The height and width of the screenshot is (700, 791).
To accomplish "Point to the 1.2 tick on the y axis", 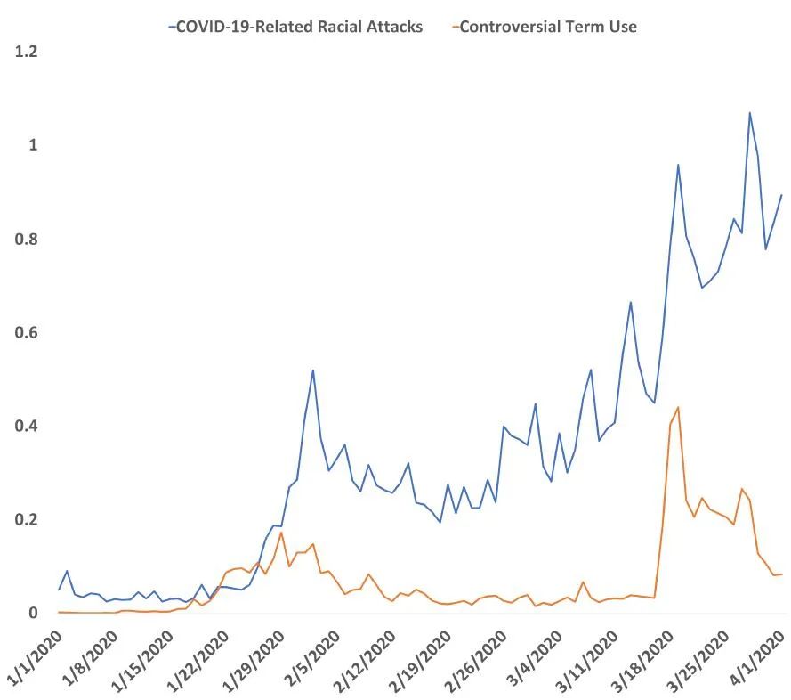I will coord(27,52).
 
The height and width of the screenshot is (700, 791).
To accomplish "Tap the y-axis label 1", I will coord(34,145).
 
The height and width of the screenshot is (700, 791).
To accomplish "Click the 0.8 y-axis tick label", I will coord(27,239).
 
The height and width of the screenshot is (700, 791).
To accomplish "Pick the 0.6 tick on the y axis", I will coord(27,332).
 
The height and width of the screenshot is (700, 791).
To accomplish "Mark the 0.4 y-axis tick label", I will coord(27,426).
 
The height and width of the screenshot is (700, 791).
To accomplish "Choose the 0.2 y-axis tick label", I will coord(27,519).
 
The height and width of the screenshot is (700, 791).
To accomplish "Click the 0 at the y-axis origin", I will coord(34,613).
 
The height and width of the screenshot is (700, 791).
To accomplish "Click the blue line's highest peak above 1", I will coord(749,113).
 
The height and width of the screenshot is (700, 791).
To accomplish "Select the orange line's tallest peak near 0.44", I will coord(678,407).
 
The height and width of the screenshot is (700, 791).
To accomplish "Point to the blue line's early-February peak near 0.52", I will coord(313,370).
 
